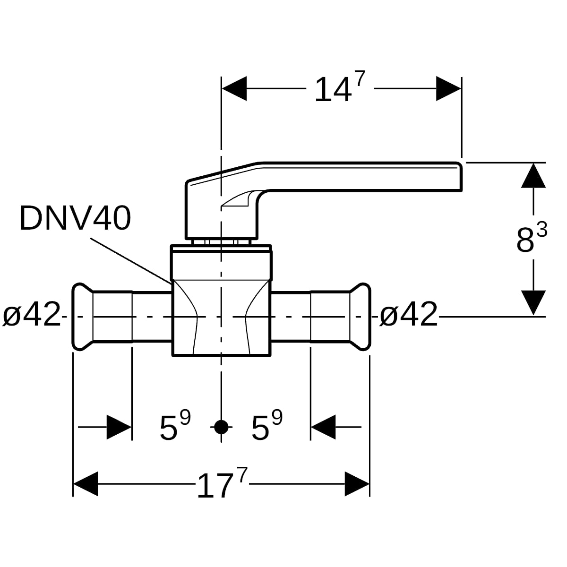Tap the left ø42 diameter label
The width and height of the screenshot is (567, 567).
pos(32,314)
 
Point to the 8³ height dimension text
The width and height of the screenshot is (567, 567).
pos(532,238)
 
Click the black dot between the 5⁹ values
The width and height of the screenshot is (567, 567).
pos(221,427)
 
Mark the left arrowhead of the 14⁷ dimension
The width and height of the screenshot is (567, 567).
pos(234,88)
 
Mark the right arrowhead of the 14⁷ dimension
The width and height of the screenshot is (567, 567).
pos(448,88)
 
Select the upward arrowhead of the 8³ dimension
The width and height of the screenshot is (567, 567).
pos(533,175)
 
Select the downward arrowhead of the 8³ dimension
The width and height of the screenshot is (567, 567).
pos(533,303)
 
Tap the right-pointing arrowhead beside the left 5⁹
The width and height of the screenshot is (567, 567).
pos(119,427)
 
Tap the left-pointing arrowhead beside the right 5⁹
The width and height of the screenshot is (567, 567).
pos(323,427)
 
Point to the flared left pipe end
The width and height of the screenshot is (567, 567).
pos(83,317)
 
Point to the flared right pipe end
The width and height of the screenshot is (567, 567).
pos(360,317)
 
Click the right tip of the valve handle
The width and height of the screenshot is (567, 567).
pos(461,177)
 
